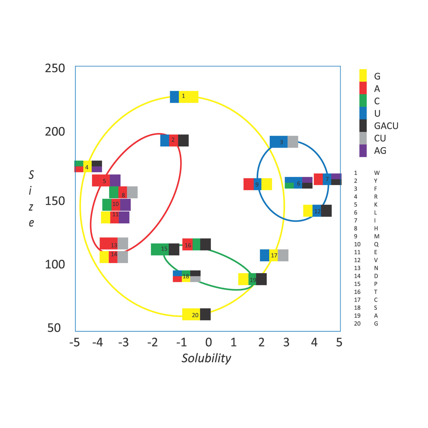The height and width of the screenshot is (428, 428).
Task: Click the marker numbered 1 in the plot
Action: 184,97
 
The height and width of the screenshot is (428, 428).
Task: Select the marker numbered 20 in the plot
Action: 196,314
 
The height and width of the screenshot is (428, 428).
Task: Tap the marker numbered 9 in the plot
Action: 258,184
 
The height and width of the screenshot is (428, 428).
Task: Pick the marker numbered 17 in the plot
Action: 274,255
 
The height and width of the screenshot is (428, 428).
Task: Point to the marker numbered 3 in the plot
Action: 284,142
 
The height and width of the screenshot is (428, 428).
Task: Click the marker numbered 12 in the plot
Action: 318,211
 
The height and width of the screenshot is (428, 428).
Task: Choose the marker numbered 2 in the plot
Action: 174,140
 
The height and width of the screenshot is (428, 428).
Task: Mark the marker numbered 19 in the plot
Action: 253,279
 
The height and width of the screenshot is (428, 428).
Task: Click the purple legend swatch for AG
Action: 363,151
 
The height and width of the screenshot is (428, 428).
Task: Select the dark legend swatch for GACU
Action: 363,126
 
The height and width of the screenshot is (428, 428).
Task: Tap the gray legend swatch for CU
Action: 363,138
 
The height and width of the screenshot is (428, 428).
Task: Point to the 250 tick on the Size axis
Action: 55,68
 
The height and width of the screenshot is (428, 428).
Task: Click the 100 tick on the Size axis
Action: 55,265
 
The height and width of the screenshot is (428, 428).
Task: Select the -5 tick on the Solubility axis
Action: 74,342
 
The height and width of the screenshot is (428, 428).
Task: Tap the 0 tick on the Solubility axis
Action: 208,342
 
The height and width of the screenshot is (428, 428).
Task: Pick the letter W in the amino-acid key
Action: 377,173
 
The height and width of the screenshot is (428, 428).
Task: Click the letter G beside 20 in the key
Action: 376,324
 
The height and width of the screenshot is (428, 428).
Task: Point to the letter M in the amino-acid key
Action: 377,236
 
